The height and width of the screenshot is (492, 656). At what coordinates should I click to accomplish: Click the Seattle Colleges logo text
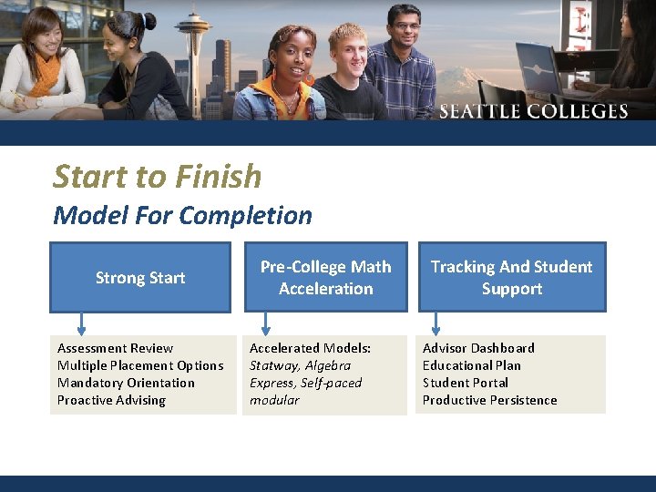pyautogui.click(x=533, y=111)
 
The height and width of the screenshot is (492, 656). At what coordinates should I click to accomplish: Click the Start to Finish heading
pyautogui.click(x=157, y=176)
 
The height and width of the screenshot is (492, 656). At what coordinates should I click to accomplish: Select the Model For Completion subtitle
pyautogui.click(x=182, y=216)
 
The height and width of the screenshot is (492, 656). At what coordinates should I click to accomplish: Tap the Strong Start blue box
pyautogui.click(x=140, y=278)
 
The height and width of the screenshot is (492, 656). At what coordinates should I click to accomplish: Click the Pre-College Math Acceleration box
pyautogui.click(x=325, y=278)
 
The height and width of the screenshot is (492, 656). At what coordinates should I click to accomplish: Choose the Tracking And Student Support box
pyautogui.click(x=511, y=278)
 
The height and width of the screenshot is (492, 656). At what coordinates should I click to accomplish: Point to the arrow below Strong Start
pyautogui.click(x=81, y=323)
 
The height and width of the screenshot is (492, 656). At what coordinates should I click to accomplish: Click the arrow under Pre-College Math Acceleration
pyautogui.click(x=266, y=323)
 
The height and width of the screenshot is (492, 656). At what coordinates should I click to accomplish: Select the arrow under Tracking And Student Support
pyautogui.click(x=436, y=323)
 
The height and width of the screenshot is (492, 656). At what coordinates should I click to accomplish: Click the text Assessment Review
pyautogui.click(x=115, y=348)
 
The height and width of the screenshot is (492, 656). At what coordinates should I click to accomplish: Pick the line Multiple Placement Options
pyautogui.click(x=140, y=365)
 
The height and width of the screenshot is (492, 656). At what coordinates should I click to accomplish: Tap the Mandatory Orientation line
pyautogui.click(x=126, y=383)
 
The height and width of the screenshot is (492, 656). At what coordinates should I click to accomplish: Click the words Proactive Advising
pyautogui.click(x=111, y=400)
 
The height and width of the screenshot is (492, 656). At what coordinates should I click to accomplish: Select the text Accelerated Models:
pyautogui.click(x=310, y=348)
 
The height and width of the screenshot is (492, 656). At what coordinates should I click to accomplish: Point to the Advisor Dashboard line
pyautogui.click(x=478, y=348)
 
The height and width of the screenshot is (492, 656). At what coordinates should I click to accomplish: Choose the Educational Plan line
pyautogui.click(x=471, y=365)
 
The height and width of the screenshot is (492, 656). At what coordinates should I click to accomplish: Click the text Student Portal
pyautogui.click(x=465, y=383)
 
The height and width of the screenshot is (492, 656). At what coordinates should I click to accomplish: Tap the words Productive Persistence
pyautogui.click(x=489, y=400)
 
